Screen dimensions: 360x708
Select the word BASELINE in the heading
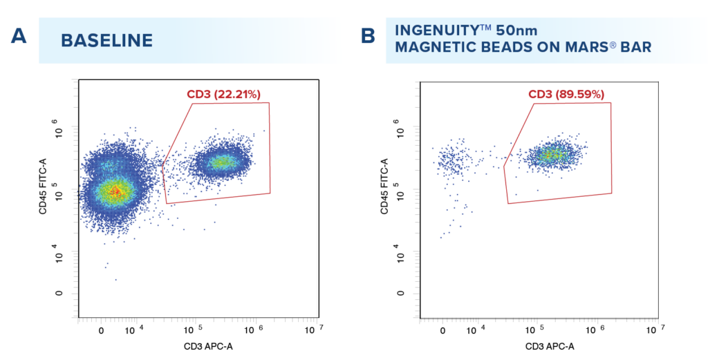coord(106,40)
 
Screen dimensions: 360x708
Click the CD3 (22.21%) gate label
coord(223,94)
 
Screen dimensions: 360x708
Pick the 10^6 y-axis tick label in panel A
coord(57,131)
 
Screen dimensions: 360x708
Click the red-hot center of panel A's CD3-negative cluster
coord(116,191)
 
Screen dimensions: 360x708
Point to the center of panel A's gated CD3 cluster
coord(221,162)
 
